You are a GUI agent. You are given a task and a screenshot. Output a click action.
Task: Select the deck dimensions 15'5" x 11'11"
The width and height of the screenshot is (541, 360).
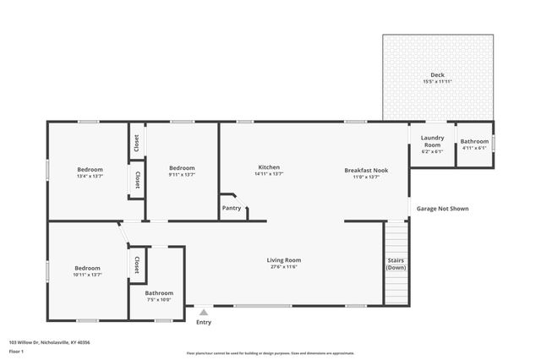(x=437, y=82)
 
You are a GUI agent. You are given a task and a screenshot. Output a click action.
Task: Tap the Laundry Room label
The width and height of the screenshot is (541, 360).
(x=433, y=140)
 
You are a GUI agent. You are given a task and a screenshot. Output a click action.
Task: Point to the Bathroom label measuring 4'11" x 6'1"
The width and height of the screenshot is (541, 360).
(x=474, y=141)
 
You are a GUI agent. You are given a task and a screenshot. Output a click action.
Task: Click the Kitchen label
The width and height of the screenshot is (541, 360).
(x=269, y=167)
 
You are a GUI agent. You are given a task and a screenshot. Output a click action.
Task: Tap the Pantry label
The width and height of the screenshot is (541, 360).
(x=231, y=207)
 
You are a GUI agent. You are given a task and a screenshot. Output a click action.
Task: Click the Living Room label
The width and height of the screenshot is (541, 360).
(x=284, y=259)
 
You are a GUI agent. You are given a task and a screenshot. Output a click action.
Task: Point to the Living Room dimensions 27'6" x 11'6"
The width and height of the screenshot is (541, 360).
(x=284, y=267)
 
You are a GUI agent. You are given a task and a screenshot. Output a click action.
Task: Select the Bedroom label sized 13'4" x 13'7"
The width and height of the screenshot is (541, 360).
(x=90, y=169)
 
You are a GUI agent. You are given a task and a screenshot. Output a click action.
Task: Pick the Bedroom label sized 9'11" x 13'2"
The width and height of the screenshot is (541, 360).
(x=182, y=167)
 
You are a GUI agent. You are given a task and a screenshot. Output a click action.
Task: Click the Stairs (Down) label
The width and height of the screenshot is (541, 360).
(x=396, y=264)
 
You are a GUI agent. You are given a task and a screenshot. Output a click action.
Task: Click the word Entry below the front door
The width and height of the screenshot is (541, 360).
(x=204, y=322)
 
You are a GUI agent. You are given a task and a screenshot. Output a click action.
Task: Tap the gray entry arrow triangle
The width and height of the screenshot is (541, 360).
(x=204, y=312)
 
